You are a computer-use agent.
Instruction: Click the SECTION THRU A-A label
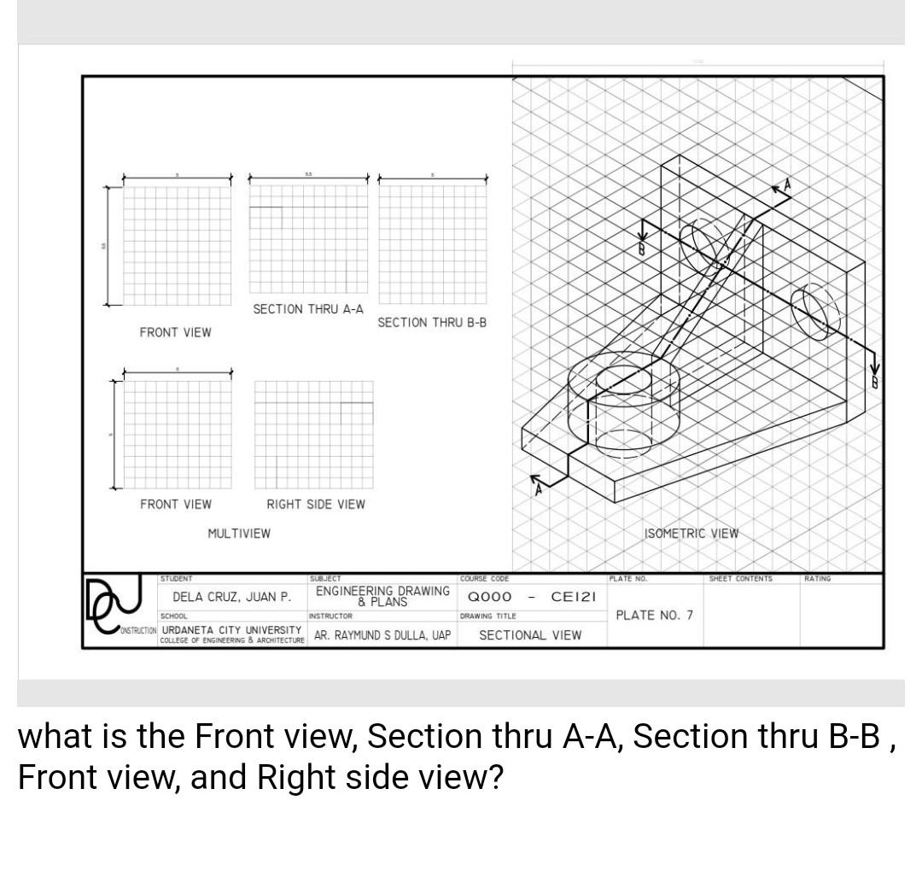tap(307, 309)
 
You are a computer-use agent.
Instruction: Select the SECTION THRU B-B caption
tap(431, 323)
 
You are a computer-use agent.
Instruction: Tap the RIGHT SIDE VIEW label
tap(315, 505)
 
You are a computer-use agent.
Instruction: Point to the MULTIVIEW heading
tap(239, 534)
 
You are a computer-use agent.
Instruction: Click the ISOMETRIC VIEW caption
tap(691, 534)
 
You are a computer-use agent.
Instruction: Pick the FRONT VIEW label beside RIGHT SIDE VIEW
tap(176, 505)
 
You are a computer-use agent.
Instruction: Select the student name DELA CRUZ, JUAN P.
tap(231, 597)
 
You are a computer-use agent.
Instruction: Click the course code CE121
tap(573, 597)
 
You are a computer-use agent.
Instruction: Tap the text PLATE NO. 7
tap(655, 615)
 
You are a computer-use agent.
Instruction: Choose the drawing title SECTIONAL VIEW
tap(530, 635)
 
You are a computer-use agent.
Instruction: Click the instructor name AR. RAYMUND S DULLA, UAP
tap(382, 635)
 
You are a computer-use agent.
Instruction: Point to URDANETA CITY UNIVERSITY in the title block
tap(231, 630)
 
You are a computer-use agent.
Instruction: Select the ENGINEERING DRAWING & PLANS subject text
tap(382, 595)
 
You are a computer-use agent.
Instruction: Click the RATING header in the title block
tap(817, 579)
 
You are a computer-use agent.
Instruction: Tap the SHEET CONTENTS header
tap(740, 579)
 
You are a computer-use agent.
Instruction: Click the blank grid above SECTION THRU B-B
tap(432, 244)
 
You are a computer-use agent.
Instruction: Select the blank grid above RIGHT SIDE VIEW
tap(314, 434)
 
